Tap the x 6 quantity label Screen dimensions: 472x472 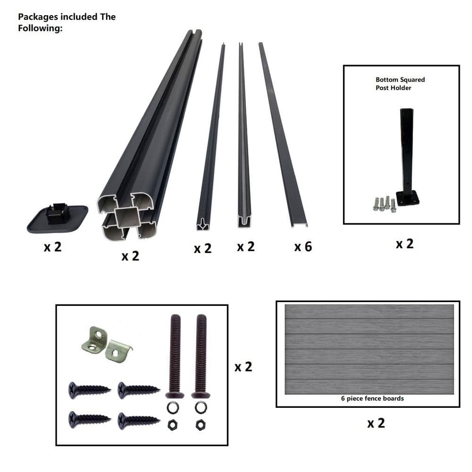tap(303, 247)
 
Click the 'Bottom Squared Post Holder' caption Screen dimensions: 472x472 tap(400, 84)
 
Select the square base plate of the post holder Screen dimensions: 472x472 tap(408, 198)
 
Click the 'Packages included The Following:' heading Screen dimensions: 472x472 tap(67, 22)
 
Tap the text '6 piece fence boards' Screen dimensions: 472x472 tap(372, 398)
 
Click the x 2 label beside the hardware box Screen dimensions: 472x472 tap(243, 367)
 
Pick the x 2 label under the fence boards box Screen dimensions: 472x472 tap(376, 423)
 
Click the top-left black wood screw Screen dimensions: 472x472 tap(89, 390)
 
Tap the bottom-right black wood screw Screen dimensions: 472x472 tap(139, 421)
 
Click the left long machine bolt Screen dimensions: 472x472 tap(175, 356)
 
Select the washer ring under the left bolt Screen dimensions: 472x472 tap(173, 408)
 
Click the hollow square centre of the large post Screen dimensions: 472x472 tap(127, 218)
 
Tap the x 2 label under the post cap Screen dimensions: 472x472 tap(53, 247)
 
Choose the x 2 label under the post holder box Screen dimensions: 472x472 tap(405, 244)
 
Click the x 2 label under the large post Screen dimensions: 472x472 tap(130, 256)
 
